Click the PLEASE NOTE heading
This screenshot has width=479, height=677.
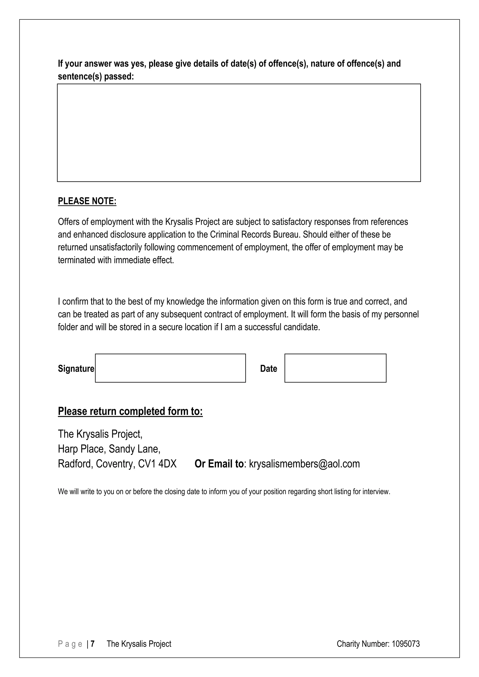point(87,201)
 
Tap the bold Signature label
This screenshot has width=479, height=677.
point(76,369)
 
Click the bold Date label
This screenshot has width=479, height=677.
point(269,369)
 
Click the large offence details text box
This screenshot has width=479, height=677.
point(239,133)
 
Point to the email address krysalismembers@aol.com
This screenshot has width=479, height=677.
point(304,464)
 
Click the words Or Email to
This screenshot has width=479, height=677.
point(219,464)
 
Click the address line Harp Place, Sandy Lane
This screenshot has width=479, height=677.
point(109,449)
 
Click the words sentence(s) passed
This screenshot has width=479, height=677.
point(96,76)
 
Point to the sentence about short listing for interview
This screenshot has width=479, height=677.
point(224,492)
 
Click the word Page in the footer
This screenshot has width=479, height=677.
point(70,644)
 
